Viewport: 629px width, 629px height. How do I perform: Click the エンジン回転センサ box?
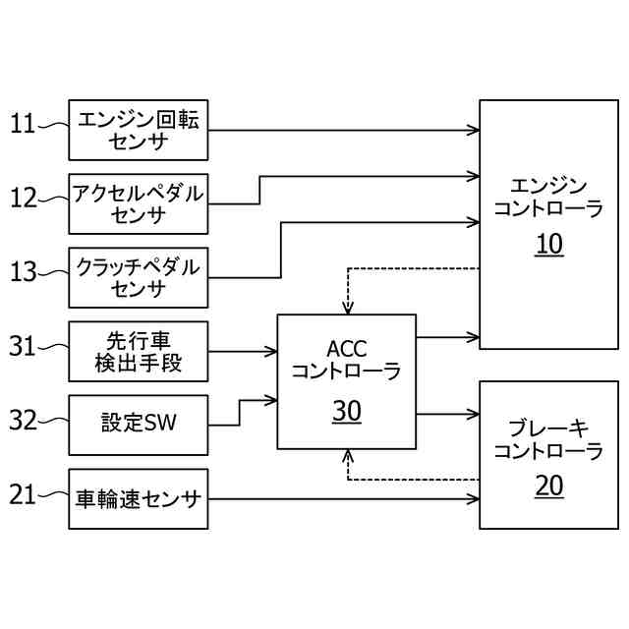(139, 130)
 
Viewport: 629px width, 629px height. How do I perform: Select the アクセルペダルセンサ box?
(139, 203)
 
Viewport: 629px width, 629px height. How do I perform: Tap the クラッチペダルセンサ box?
(139, 277)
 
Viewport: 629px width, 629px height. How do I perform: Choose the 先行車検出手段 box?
(139, 352)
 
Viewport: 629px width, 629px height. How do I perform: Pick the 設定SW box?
(139, 425)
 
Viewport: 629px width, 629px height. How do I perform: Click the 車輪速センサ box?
(139, 499)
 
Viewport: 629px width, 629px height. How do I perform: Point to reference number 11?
(23, 124)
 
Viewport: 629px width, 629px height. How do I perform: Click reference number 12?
(24, 199)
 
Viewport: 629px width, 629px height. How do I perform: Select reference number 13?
(24, 272)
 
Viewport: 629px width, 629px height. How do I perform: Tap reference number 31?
(23, 346)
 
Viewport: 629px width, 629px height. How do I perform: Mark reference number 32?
(24, 421)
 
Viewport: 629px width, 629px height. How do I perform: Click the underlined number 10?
(548, 245)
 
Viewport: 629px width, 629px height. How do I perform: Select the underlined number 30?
(346, 412)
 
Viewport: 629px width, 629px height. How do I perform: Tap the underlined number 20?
(548, 486)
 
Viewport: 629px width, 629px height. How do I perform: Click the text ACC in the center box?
(346, 348)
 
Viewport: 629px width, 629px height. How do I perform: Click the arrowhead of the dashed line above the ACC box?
(346, 307)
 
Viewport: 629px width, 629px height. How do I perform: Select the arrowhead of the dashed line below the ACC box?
(346, 455)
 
